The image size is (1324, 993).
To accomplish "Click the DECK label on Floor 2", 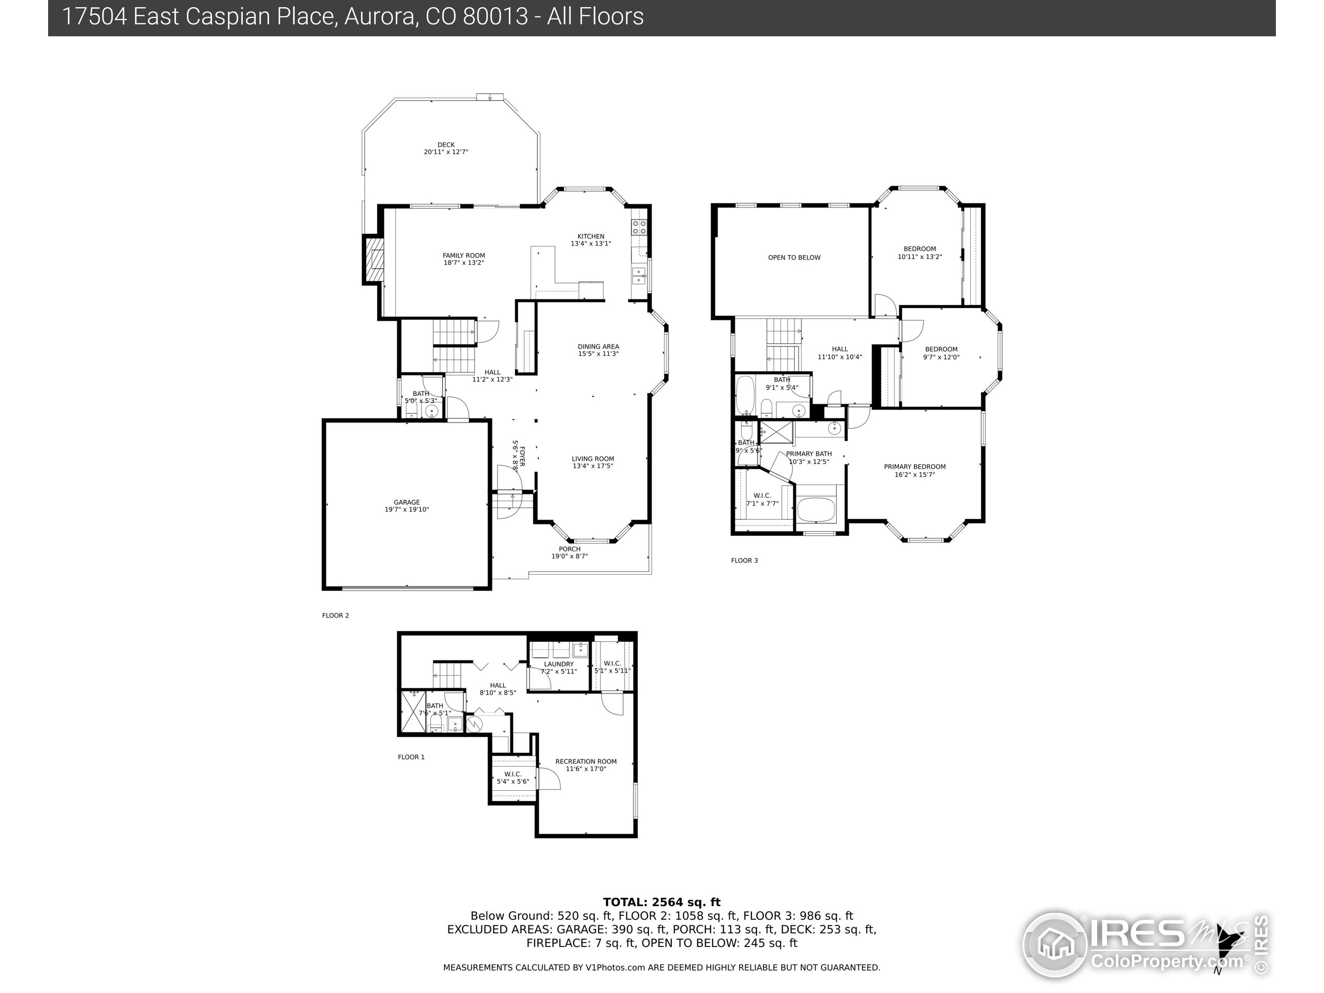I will pos(446,145).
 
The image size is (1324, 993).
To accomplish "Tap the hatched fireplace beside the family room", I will pos(374,260).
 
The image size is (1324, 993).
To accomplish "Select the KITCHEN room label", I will pos(591,236).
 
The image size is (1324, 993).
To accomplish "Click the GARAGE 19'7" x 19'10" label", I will pos(407,506).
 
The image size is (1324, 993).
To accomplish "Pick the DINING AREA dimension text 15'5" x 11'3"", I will pos(598,354).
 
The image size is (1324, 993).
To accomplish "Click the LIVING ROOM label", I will pos(593,459).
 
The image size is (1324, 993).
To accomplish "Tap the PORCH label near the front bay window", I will pos(570,549).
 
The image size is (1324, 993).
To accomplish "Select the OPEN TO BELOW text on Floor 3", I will pos(794,258).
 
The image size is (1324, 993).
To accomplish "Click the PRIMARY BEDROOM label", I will pos(914,467).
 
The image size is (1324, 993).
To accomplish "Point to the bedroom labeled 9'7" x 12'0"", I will pos(941,353).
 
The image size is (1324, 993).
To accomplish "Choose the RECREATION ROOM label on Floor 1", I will pos(586,761).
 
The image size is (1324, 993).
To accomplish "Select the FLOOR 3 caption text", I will pos(744,560).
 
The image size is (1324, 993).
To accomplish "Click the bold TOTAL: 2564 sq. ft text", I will pos(661,902).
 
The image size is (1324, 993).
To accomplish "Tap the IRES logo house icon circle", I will pos(1054,944).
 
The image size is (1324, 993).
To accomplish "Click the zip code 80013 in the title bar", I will pos(495,17).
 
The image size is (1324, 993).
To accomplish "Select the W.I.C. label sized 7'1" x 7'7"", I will pos(762,499).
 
